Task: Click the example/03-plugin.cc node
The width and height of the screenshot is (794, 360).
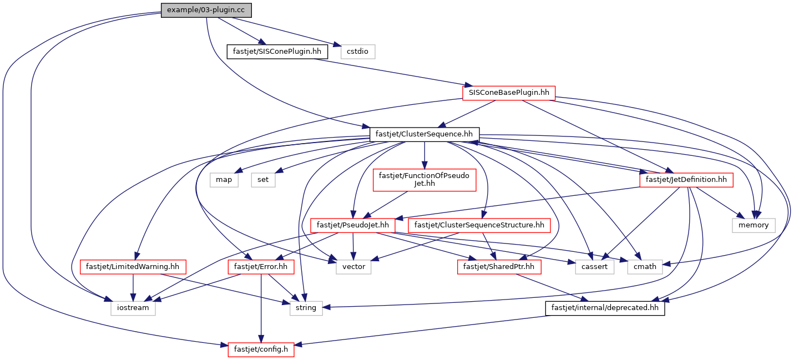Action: point(206,10)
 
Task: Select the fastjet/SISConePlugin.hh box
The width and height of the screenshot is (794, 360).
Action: point(277,52)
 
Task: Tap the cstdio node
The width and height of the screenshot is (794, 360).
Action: point(358,52)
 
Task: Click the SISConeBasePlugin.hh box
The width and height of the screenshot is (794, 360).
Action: point(509,93)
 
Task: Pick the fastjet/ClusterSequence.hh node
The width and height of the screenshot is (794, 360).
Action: point(424,135)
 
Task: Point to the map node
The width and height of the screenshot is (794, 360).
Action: point(224,180)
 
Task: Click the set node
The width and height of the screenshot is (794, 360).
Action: point(263,180)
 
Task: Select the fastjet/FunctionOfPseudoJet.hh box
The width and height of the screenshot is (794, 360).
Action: point(424,180)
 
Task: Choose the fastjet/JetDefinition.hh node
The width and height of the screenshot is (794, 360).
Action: point(686,180)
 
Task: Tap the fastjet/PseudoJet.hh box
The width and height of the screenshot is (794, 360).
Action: point(353,225)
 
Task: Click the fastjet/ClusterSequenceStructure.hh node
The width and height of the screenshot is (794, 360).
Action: point(479,225)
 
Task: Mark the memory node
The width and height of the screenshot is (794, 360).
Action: point(753,225)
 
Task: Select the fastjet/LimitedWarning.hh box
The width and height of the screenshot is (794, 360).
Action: point(133,267)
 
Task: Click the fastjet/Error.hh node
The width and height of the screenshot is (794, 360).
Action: point(261,267)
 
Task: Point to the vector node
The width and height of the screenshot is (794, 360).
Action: point(354,267)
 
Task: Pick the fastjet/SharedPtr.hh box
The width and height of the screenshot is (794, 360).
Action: point(499,267)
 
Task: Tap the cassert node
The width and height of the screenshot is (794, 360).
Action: point(594,267)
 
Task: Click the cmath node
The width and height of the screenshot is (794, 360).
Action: point(645,267)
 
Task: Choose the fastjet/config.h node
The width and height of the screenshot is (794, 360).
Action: point(261,349)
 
